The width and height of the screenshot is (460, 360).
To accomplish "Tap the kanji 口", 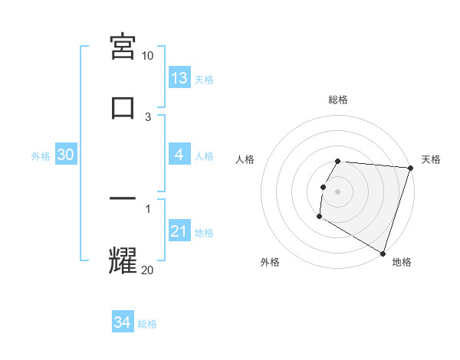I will [x=123, y=106].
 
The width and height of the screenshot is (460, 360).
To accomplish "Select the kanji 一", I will [x=123, y=199].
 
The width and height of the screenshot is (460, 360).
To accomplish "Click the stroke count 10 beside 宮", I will [x=147, y=56].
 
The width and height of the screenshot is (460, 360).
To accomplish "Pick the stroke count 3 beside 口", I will [x=148, y=116].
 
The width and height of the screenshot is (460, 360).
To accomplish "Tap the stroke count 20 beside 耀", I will [x=147, y=269].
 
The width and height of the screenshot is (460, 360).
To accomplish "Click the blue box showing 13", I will [x=179, y=78].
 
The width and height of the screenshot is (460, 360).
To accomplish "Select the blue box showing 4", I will [x=179, y=155].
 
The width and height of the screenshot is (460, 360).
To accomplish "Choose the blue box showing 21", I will [x=179, y=231].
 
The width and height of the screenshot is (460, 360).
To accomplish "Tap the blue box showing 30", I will [x=66, y=155].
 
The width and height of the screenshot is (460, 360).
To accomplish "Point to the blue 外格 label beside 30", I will [x=41, y=155].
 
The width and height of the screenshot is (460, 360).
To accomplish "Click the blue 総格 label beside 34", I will [x=147, y=324].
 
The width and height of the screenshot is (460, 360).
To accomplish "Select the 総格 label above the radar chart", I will [x=338, y=100].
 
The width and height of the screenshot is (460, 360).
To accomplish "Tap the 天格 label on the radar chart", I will [x=431, y=159].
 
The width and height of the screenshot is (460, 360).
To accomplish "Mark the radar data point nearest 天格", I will [x=410, y=169].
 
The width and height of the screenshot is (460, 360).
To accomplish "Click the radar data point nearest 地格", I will [x=383, y=253].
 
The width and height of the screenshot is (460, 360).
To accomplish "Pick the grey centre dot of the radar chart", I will [x=338, y=191].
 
